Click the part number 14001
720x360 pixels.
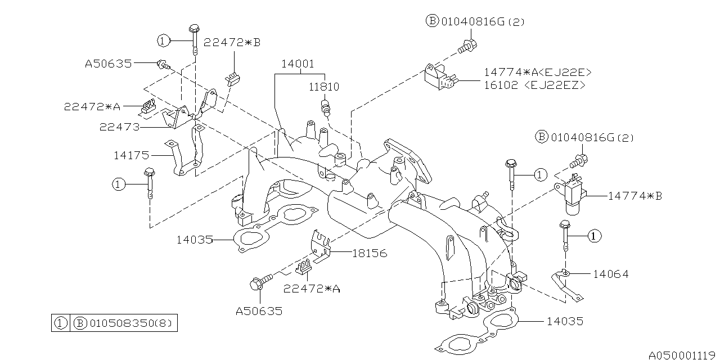(x=298, y=64)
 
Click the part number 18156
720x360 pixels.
(x=370, y=253)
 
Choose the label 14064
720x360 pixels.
(x=610, y=274)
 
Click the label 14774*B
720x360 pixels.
(x=635, y=196)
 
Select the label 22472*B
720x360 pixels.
(x=232, y=42)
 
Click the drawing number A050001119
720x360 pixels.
(x=683, y=355)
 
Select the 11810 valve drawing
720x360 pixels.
(x=325, y=107)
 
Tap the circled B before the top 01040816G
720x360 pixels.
(x=431, y=21)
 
